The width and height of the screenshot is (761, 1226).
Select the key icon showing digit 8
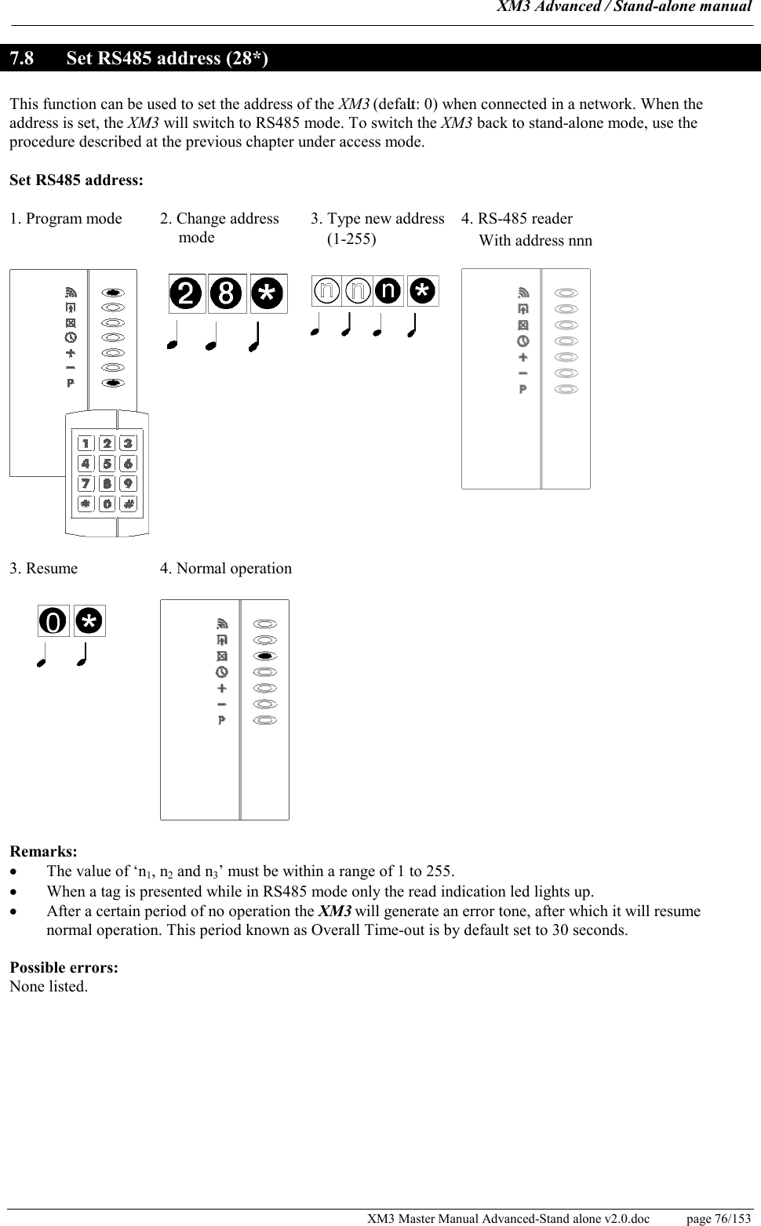tap(228, 293)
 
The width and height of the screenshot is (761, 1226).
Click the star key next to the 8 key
tap(268, 293)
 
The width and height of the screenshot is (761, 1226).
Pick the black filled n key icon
tap(388, 291)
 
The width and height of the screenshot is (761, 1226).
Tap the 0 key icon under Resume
tap(53, 621)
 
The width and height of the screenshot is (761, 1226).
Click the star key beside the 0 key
tap(89, 621)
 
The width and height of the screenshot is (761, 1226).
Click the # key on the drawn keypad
tap(128, 502)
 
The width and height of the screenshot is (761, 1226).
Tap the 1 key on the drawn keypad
tap(86, 444)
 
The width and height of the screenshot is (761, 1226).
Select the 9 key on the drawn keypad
tap(128, 482)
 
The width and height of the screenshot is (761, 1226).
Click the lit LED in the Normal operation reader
tap(265, 656)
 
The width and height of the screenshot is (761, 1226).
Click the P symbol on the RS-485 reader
tap(523, 389)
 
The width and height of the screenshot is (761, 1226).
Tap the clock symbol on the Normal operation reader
tap(222, 672)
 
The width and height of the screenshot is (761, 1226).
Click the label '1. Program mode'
tap(66, 219)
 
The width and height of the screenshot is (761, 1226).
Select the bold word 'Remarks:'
tap(43, 851)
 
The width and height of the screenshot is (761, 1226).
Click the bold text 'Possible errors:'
tap(64, 967)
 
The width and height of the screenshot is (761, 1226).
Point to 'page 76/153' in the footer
tap(718, 1218)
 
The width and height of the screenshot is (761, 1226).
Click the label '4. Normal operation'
tap(226, 569)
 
